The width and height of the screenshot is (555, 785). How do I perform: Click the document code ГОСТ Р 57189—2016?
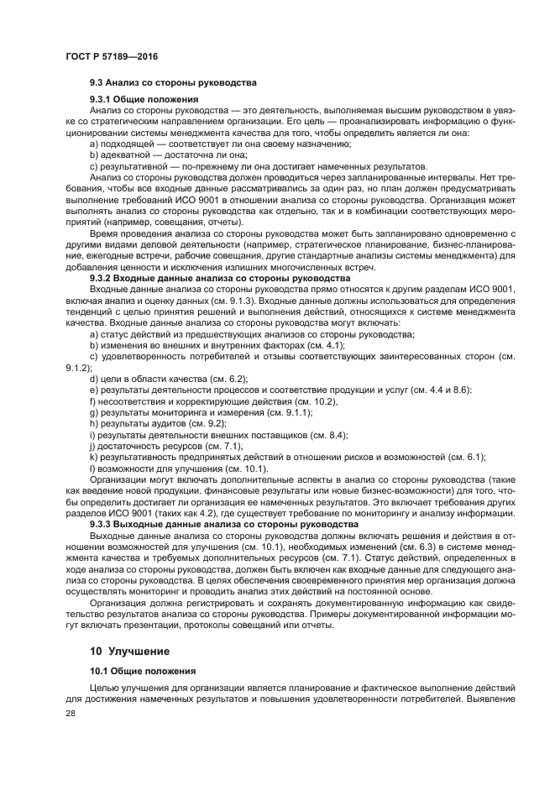click(111, 55)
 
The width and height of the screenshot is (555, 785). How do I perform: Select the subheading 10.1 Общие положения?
click(143, 672)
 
